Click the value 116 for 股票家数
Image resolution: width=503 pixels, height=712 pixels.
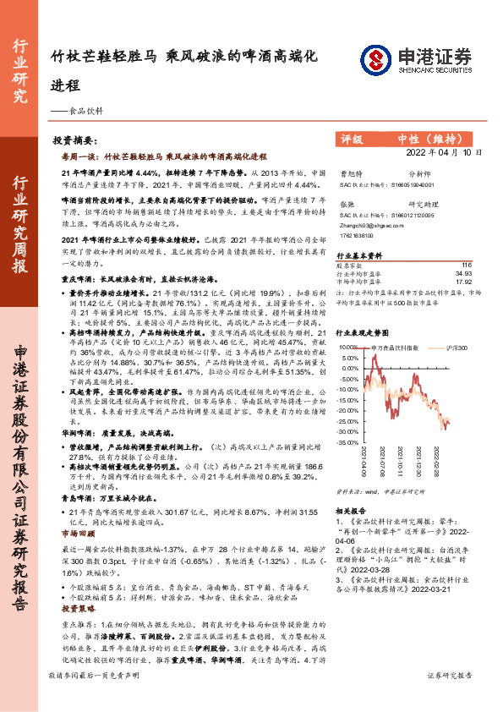pyautogui.click(x=466, y=266)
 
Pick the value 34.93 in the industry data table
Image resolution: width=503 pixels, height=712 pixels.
pyautogui.click(x=463, y=273)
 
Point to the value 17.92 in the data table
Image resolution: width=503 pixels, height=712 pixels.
pyautogui.click(x=463, y=282)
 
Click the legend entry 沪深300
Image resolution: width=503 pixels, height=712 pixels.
pyautogui.click(x=454, y=347)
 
